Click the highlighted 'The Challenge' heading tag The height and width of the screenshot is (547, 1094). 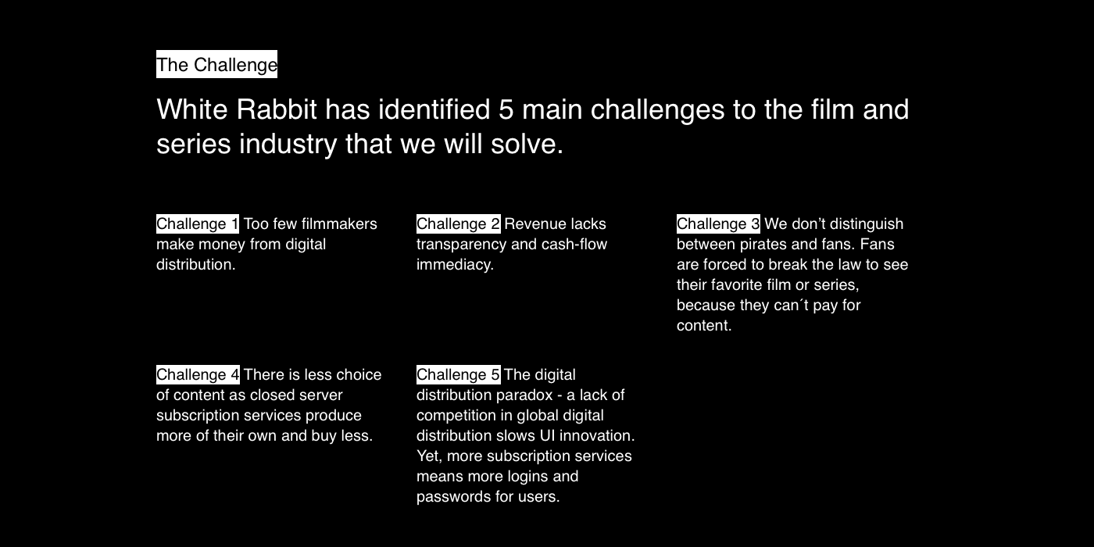[217, 64]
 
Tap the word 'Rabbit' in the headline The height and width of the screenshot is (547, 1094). [277, 109]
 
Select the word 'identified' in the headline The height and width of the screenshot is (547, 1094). [434, 109]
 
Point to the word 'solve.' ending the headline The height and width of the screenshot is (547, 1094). [527, 144]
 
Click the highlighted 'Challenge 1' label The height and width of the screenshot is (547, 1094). [198, 223]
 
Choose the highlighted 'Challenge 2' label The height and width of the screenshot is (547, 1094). [458, 223]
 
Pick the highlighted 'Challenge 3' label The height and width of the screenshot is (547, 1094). [718, 223]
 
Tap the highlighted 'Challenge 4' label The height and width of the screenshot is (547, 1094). [198, 374]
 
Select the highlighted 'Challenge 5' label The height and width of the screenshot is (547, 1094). [458, 374]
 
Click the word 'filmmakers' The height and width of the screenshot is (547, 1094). [339, 223]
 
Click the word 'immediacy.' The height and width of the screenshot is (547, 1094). [455, 265]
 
